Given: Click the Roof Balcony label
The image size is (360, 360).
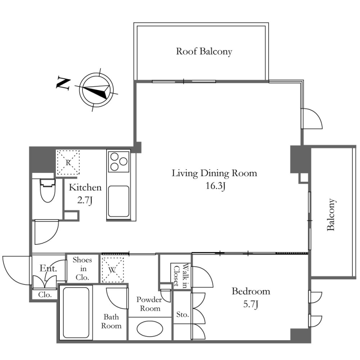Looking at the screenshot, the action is [x=204, y=51].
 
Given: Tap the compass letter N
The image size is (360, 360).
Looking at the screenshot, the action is [x=63, y=83].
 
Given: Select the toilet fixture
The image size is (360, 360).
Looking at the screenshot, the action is [x=48, y=190].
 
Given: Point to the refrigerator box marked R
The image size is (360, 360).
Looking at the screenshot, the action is [x=68, y=162].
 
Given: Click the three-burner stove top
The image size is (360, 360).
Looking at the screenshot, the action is [x=118, y=162].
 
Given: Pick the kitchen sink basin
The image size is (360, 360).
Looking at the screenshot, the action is [x=118, y=201].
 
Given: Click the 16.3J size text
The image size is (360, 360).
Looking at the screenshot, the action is [x=215, y=186].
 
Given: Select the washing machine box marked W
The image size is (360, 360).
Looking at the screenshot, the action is [x=112, y=270].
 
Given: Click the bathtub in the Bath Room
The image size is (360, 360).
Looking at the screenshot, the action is [x=76, y=312].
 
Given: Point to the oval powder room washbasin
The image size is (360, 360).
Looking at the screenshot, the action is [x=150, y=329].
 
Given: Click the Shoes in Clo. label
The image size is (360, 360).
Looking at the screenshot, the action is [x=82, y=269].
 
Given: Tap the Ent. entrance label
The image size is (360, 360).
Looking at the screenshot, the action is [x=48, y=268].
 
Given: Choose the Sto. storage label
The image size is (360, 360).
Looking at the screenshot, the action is [x=183, y=314].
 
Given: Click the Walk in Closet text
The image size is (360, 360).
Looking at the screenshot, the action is [x=181, y=275].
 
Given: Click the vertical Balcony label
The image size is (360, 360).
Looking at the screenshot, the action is [x=331, y=215].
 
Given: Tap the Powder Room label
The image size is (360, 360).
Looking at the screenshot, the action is [x=149, y=304].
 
